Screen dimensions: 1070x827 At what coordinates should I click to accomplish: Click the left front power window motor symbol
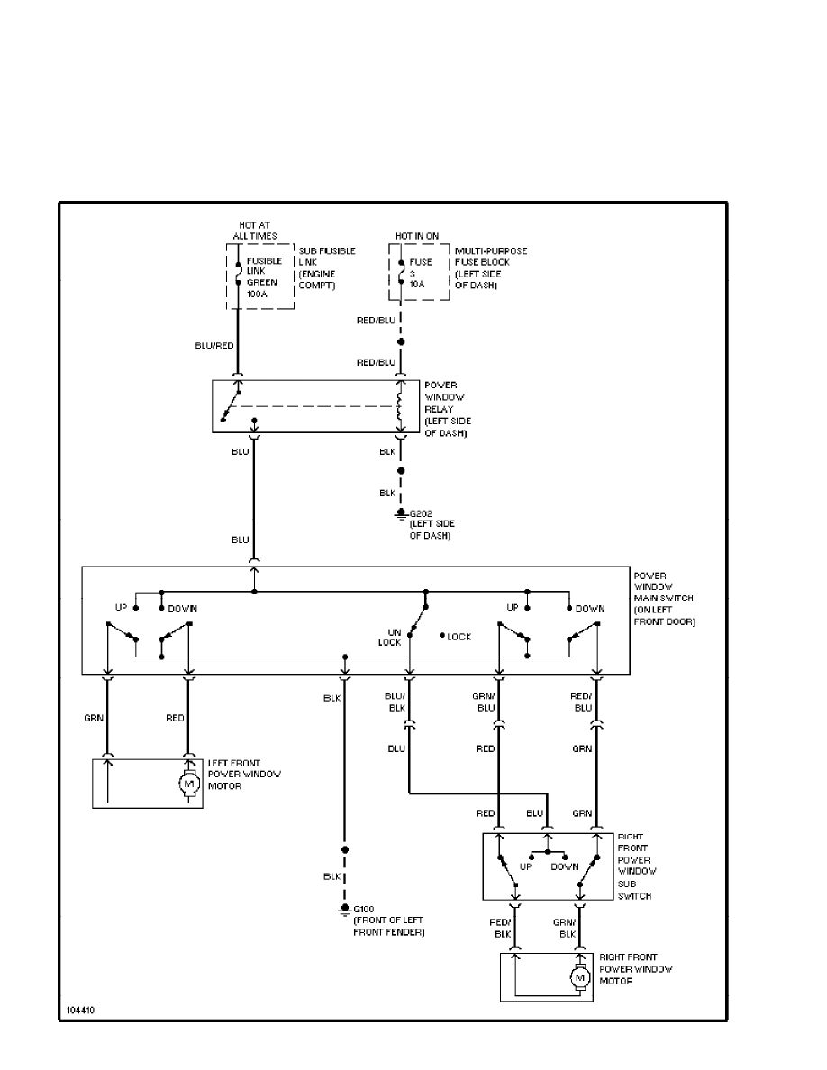[x=189, y=784]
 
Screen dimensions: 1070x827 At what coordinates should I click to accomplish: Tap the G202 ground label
[x=422, y=514]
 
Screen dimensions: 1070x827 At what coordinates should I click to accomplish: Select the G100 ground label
[x=364, y=910]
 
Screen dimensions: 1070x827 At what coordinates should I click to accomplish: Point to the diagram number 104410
[x=80, y=1010]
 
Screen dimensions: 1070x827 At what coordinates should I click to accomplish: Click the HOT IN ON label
[x=417, y=236]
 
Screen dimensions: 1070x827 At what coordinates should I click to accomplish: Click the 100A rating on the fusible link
[x=259, y=294]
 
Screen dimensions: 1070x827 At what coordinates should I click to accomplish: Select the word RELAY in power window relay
[x=438, y=409]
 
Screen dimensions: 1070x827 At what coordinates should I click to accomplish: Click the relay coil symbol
[x=401, y=407]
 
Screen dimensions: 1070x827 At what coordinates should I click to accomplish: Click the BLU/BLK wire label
[x=395, y=703]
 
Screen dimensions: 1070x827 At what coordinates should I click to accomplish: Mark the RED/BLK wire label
[x=500, y=929]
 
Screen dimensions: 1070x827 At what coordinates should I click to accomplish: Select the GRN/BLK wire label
[x=564, y=929]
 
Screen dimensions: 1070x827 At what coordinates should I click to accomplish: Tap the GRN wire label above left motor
[x=94, y=718]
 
